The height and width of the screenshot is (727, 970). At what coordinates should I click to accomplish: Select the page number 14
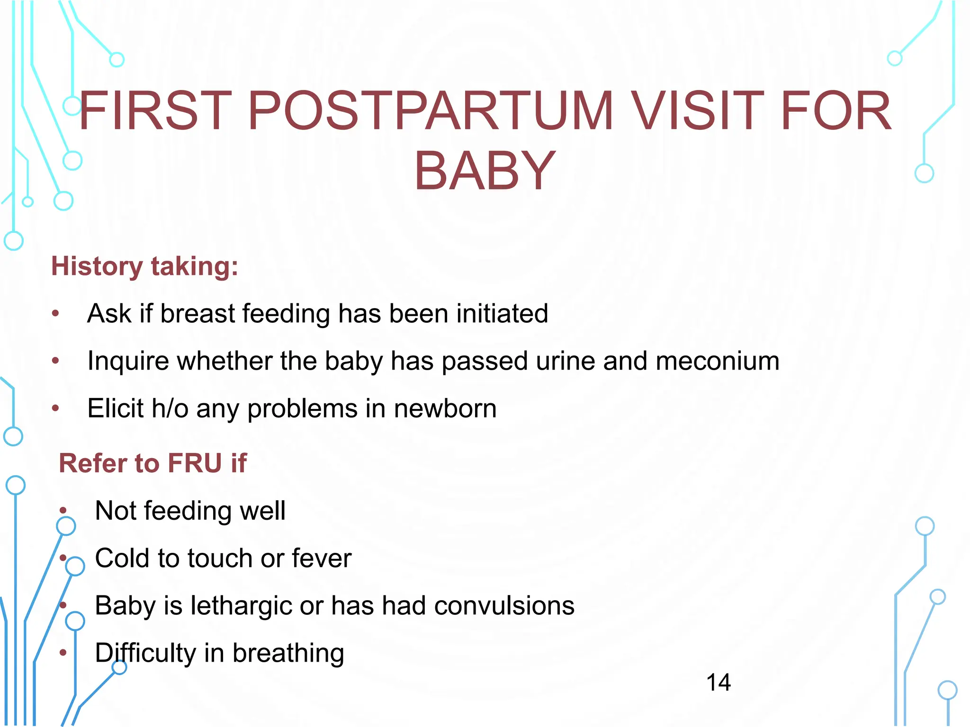point(718,683)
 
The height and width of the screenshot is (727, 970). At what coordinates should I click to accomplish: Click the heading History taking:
point(144,266)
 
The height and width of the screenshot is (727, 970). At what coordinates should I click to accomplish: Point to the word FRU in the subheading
point(195,463)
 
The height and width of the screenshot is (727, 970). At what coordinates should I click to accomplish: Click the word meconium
point(717,361)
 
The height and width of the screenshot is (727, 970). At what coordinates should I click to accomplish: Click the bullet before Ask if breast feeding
point(55,314)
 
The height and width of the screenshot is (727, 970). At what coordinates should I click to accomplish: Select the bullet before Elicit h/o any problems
point(55,408)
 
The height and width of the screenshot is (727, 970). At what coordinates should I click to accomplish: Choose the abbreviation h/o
point(170,408)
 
